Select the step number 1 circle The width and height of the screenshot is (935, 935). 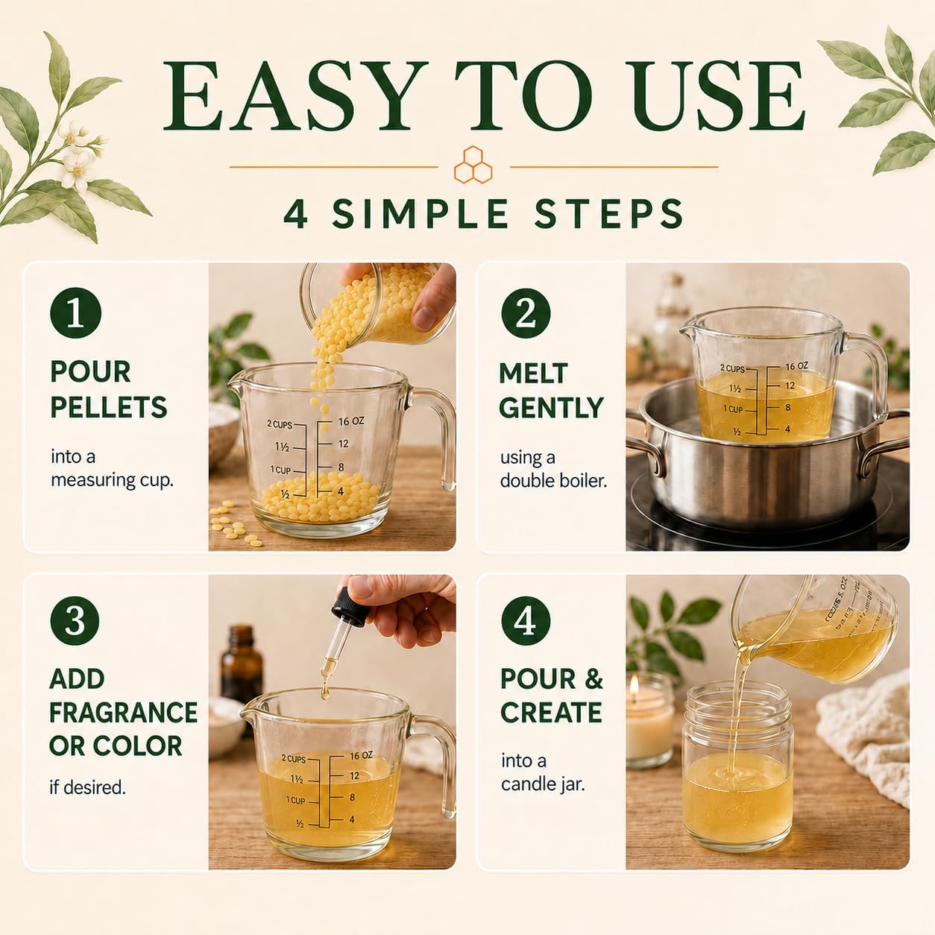pyautogui.click(x=76, y=313)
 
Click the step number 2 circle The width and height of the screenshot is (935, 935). pyautogui.click(x=526, y=313)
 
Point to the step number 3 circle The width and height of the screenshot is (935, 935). pyautogui.click(x=75, y=620)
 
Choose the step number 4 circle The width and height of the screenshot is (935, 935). pyautogui.click(x=526, y=621)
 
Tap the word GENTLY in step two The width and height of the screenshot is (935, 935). pyautogui.click(x=551, y=407)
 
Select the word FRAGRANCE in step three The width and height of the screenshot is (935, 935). pyautogui.click(x=123, y=712)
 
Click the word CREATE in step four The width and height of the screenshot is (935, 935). pyautogui.click(x=551, y=712)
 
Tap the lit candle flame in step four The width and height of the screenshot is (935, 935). pyautogui.click(x=634, y=685)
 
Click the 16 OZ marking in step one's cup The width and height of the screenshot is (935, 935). pyautogui.click(x=351, y=422)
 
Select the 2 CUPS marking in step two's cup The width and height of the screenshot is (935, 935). pyautogui.click(x=733, y=369)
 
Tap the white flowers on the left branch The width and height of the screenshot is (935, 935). pyautogui.click(x=78, y=155)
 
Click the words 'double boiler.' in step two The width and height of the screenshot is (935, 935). pyautogui.click(x=554, y=481)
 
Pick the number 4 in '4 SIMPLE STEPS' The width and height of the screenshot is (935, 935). pyautogui.click(x=295, y=214)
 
